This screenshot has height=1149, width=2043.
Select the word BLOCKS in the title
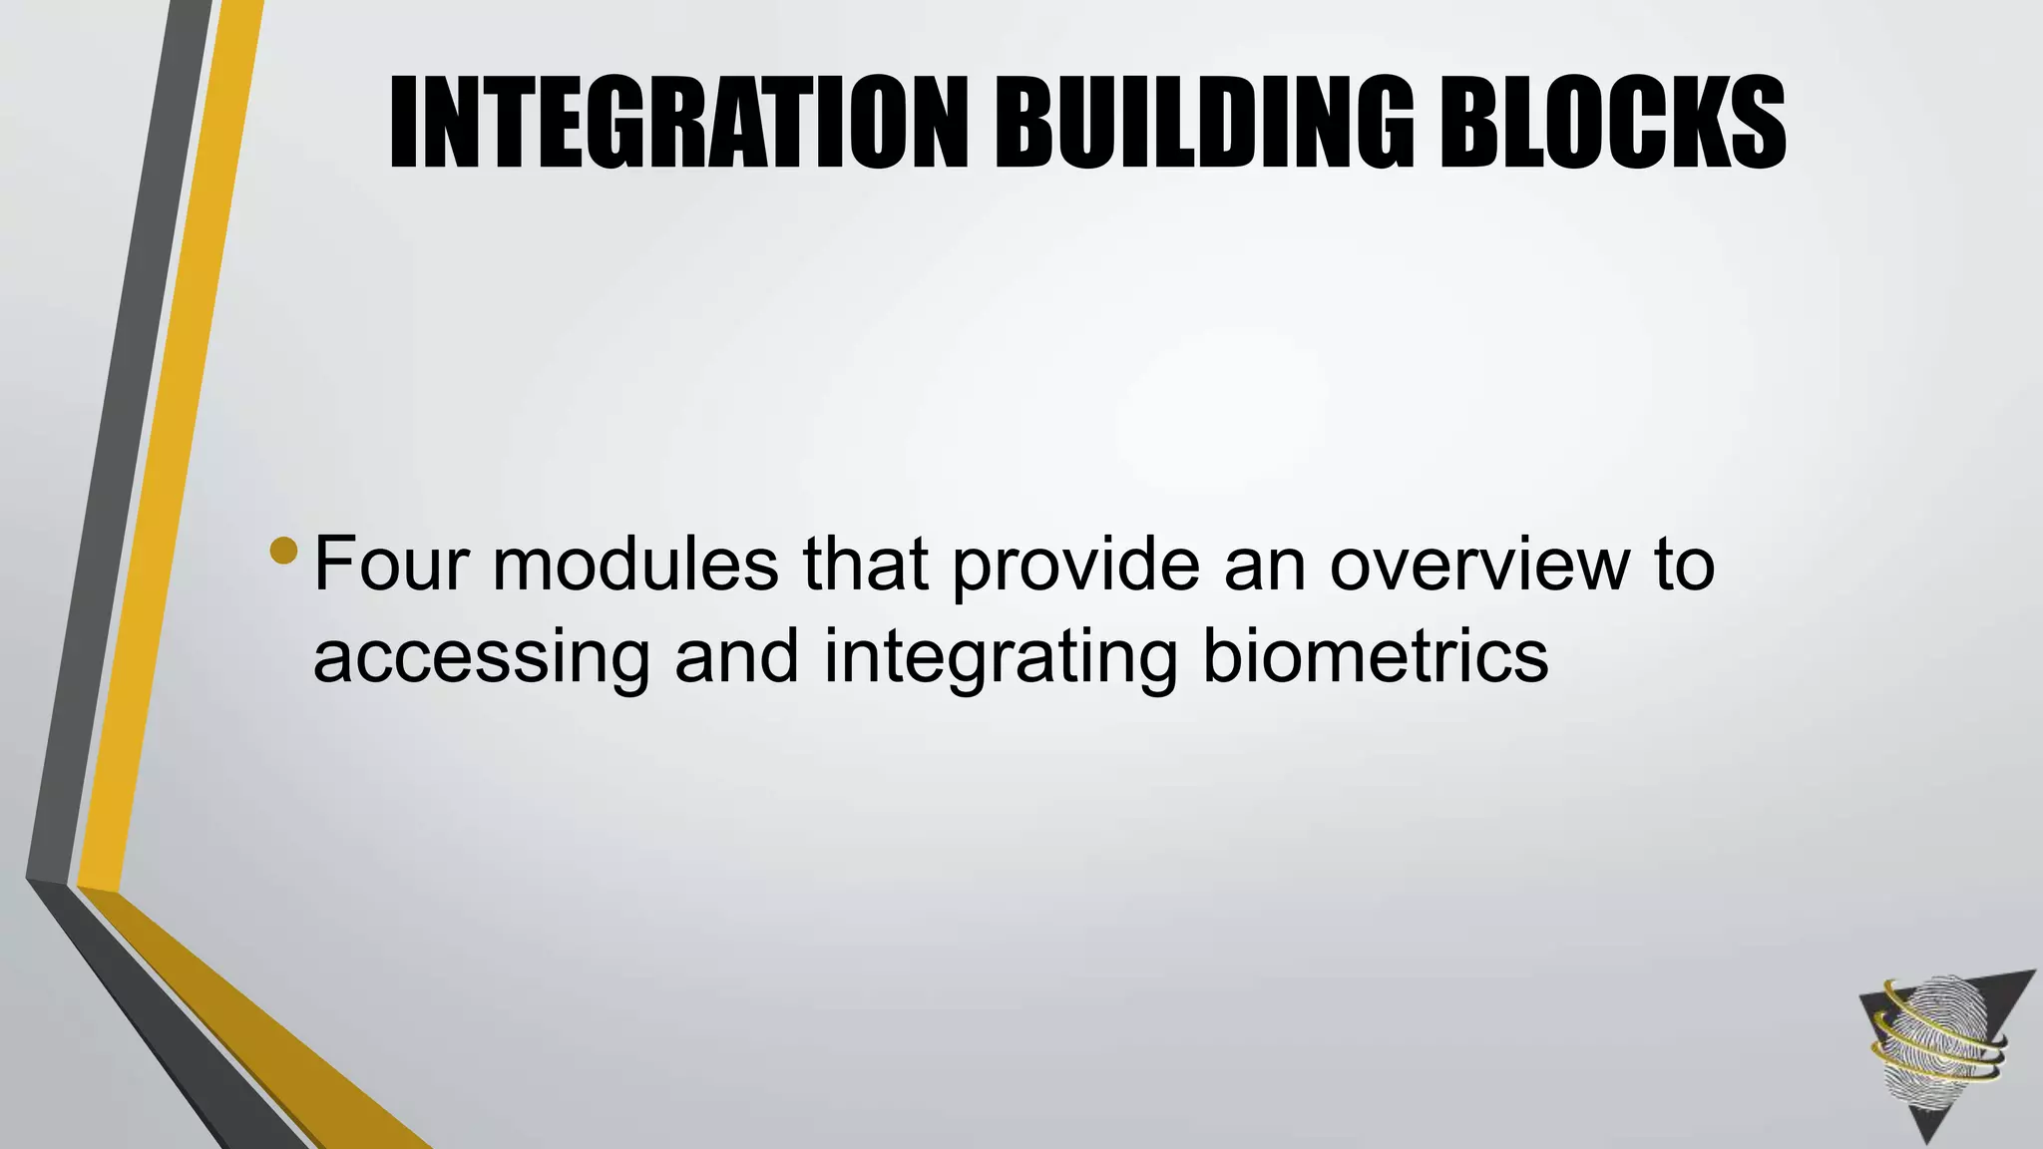click(x=1611, y=125)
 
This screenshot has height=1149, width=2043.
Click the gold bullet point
click(x=283, y=551)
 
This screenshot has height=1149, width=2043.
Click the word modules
click(x=634, y=565)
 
